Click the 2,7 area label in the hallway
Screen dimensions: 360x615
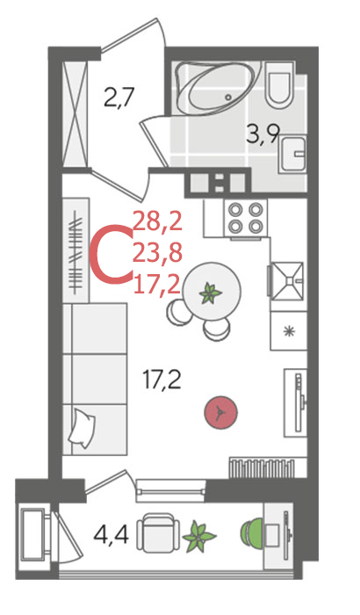tap(119, 98)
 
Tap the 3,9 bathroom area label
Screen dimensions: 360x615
tap(263, 134)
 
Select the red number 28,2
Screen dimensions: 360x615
tap(158, 221)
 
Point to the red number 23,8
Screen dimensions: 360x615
tap(158, 253)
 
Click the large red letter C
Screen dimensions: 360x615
tap(112, 253)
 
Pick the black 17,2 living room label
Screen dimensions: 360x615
tap(162, 380)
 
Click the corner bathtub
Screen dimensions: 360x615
tap(217, 88)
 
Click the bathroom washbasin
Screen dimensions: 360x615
tap(293, 154)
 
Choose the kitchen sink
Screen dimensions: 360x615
tap(287, 281)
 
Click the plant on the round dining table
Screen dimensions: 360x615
tap(210, 293)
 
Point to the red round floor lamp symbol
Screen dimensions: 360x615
tap(220, 412)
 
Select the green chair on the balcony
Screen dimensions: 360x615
tap(252, 533)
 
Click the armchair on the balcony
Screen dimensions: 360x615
tap(158, 533)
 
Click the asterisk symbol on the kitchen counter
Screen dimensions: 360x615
tap(290, 331)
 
